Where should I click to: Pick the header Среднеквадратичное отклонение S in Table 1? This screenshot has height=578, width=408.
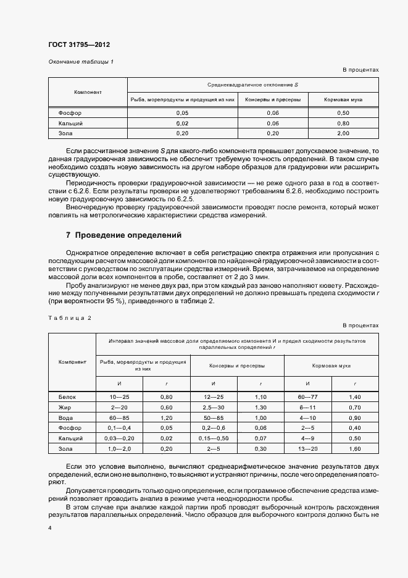[x=252, y=84]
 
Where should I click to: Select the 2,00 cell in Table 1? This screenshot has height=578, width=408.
[x=343, y=133]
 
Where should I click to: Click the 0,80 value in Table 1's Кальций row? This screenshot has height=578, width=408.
[x=343, y=123]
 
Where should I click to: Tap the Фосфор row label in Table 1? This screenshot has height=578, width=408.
[x=70, y=113]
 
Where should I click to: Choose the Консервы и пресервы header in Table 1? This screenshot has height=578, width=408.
[x=273, y=99]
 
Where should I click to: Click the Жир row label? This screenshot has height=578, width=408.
[x=66, y=408]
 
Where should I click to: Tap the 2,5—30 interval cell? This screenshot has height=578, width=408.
[x=214, y=408]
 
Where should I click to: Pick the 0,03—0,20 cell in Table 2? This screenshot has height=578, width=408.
[x=120, y=437]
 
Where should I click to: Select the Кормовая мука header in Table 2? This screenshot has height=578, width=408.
[x=331, y=365]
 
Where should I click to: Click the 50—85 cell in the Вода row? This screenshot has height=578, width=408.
[x=214, y=417]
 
